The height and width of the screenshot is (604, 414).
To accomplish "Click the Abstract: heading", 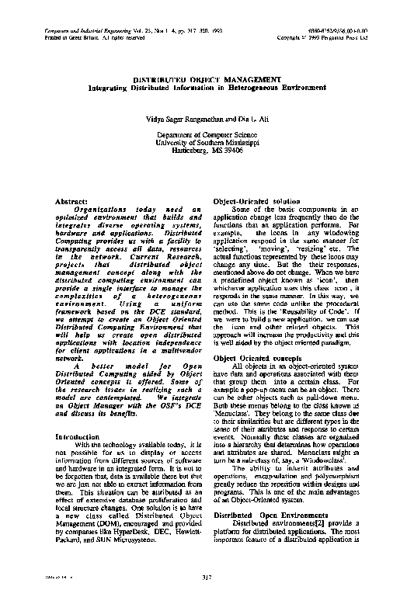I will click(72, 201).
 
